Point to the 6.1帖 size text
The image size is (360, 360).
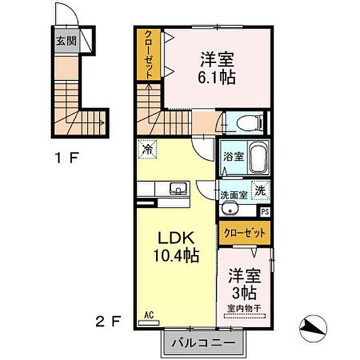[x=217, y=77]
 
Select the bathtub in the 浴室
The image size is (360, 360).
[x=257, y=158]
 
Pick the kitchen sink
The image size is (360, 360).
[x=178, y=189]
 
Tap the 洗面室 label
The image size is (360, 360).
[x=233, y=194]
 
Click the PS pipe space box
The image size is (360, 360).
[x=265, y=211]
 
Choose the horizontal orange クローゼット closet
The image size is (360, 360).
[x=244, y=232]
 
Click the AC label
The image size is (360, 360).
[x=148, y=313]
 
